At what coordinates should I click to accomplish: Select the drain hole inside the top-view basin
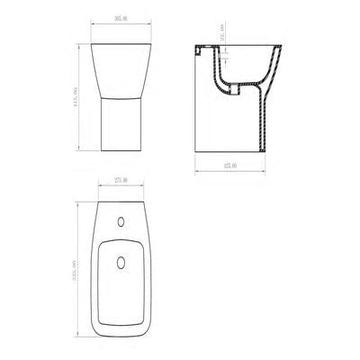[x=122, y=263]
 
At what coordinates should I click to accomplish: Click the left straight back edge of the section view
[x=199, y=108]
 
